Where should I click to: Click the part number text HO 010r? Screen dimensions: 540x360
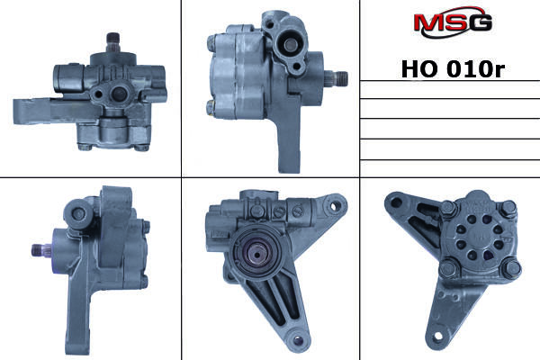[453, 69]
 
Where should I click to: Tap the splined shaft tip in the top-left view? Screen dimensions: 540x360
[113, 41]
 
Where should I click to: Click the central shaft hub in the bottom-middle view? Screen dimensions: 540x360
[257, 253]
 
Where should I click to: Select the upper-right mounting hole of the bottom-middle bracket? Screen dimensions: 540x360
[333, 206]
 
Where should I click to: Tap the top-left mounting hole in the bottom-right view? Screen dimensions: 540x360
[396, 202]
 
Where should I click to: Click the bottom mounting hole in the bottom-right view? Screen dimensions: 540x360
[438, 336]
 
